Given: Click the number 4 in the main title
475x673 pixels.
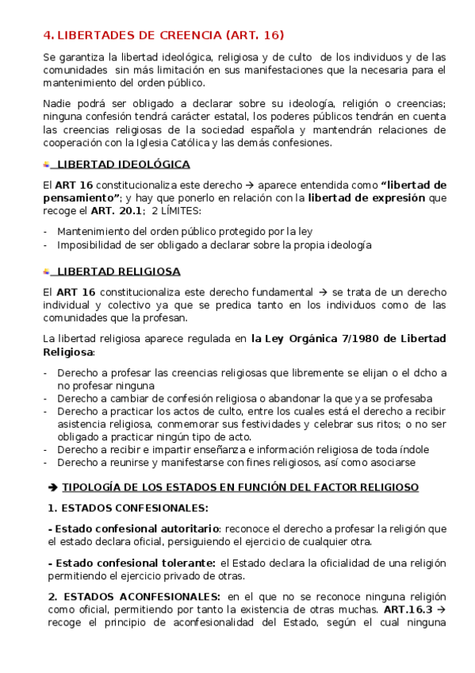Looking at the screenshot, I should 47,35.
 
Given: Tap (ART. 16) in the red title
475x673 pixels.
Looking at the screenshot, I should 255,35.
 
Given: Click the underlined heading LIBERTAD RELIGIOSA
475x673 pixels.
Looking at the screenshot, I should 119,271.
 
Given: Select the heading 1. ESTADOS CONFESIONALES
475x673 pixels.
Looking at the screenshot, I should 128,507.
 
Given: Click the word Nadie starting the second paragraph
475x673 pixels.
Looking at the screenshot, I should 58,105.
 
